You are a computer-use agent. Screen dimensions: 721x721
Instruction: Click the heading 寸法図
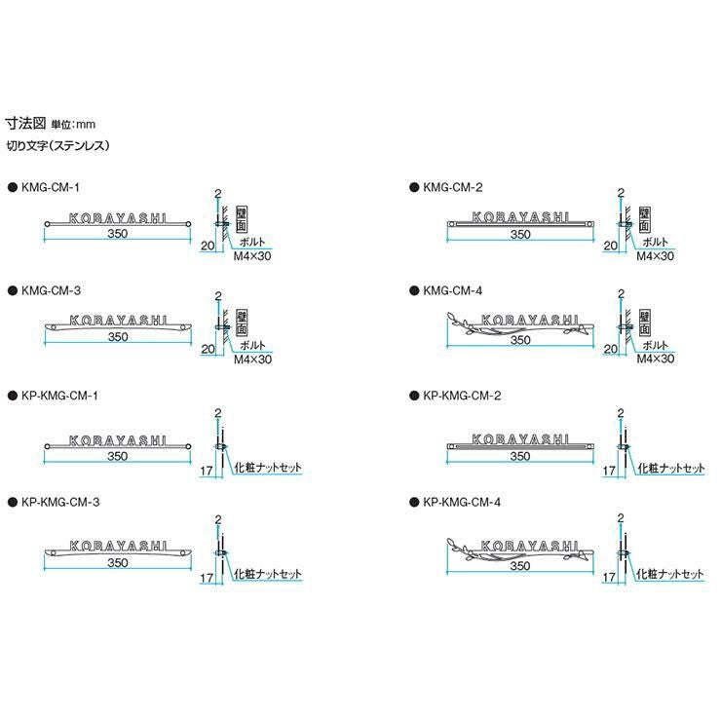pos(25,123)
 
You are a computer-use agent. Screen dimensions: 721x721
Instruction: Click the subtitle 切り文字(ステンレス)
pos(57,146)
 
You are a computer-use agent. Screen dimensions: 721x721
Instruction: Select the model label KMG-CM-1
pos(50,187)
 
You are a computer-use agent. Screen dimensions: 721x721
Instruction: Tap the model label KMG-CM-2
pos(453,187)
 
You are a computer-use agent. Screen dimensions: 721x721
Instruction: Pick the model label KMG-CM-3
pos(51,290)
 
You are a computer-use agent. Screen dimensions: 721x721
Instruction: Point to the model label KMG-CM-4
pos(453,290)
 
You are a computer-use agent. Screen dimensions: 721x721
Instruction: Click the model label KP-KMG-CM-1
pos(59,396)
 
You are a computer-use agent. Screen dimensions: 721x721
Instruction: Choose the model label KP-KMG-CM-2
pos(462,396)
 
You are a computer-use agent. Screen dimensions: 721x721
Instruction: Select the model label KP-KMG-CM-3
pos(60,502)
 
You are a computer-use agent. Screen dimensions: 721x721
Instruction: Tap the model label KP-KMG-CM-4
pos(462,502)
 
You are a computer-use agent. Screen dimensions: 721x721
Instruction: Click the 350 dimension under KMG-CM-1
pos(117,234)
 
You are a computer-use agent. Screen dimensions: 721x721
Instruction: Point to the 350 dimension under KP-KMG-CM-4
pos(520,565)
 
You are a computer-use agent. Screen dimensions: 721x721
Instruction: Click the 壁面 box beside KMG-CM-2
pos(644,219)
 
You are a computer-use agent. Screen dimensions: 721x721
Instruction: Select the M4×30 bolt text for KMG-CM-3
pos(252,360)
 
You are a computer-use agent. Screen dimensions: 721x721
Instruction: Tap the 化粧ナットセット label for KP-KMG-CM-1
pos(268,468)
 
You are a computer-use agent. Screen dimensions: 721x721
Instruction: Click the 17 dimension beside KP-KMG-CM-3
pos(207,578)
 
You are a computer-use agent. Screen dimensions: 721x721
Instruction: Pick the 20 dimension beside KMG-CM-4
pos(610,349)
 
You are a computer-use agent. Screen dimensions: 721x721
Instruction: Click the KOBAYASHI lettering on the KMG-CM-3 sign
pos(118,320)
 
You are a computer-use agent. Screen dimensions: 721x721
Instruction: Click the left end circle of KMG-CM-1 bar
pos(47,224)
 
